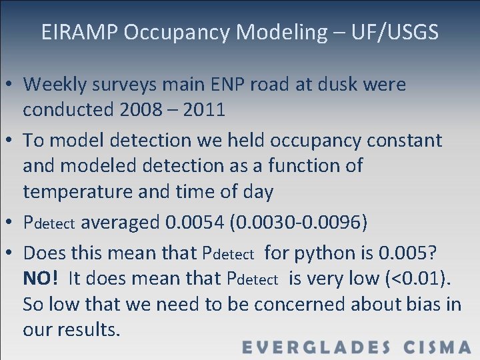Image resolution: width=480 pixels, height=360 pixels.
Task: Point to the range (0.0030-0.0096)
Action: pyautogui.click(x=298, y=222)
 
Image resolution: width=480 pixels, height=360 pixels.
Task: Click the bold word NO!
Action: pyautogui.click(x=41, y=279)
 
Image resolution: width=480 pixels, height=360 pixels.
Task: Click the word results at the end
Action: pyautogui.click(x=90, y=330)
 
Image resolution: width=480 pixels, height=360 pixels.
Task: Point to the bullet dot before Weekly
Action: pyautogui.click(x=11, y=85)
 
